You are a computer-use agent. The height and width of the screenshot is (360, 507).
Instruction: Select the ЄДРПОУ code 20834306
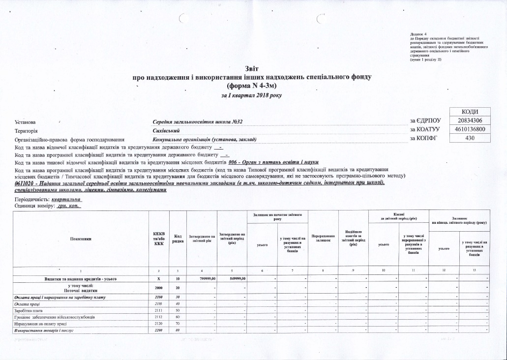pyautogui.click(x=469, y=120)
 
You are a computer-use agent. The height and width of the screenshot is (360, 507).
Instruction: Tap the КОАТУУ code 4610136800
pyautogui.click(x=469, y=129)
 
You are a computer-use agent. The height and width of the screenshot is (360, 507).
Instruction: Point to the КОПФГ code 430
pyautogui.click(x=469, y=138)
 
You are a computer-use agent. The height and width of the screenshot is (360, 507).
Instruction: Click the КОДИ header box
pyautogui.click(x=469, y=112)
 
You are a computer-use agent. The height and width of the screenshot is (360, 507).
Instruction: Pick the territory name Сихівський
pyautogui.click(x=166, y=130)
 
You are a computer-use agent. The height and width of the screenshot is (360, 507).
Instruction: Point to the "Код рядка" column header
pyautogui.click(x=178, y=239)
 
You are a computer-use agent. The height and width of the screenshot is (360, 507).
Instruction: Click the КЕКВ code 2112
pyautogui.click(x=158, y=318)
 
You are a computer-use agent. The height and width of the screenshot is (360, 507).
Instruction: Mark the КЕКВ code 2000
pyautogui.click(x=158, y=288)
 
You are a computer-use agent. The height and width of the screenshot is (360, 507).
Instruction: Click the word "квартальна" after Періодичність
pyautogui.click(x=66, y=200)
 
